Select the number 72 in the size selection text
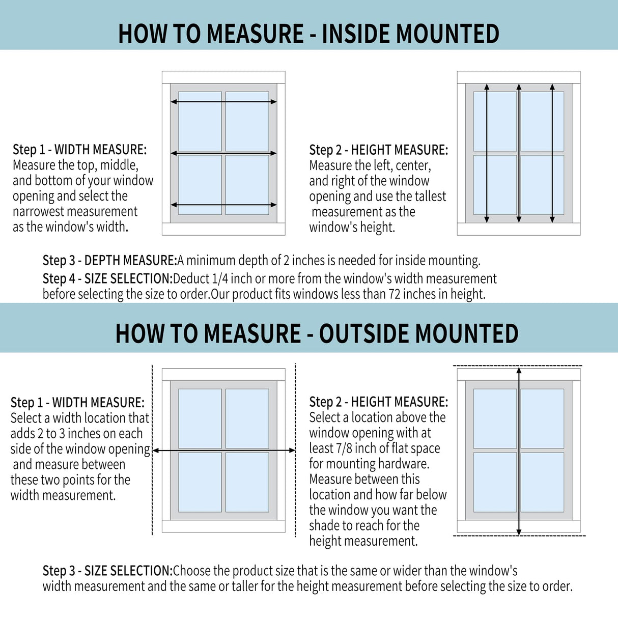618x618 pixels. coord(395,294)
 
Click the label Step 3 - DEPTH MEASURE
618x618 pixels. coord(109,261)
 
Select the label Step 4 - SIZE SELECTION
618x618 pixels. coord(107,279)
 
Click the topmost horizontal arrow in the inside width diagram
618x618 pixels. coord(223,102)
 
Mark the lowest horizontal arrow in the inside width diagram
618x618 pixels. coord(223,205)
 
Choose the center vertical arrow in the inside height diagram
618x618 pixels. coord(519,153)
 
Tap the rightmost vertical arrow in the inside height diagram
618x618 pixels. coord(552,153)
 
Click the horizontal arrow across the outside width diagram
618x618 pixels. coord(223,450)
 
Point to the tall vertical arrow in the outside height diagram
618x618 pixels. coord(519,451)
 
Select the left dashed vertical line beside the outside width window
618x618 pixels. coord(152,451)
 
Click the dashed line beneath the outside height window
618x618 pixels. coord(519,536)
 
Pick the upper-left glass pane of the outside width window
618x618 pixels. coord(200,418)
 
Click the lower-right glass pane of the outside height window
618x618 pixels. coord(542,482)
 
